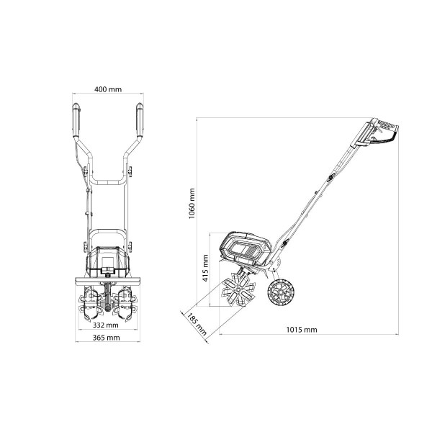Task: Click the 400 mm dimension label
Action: click(x=108, y=89)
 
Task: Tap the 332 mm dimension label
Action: click(x=106, y=325)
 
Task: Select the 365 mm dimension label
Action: click(x=106, y=338)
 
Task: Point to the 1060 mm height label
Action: click(x=192, y=203)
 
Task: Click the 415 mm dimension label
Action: click(x=205, y=268)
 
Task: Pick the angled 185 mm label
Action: click(x=197, y=324)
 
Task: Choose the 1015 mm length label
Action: click(x=302, y=330)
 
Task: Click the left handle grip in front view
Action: click(x=76, y=120)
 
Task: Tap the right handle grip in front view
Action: click(x=140, y=120)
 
